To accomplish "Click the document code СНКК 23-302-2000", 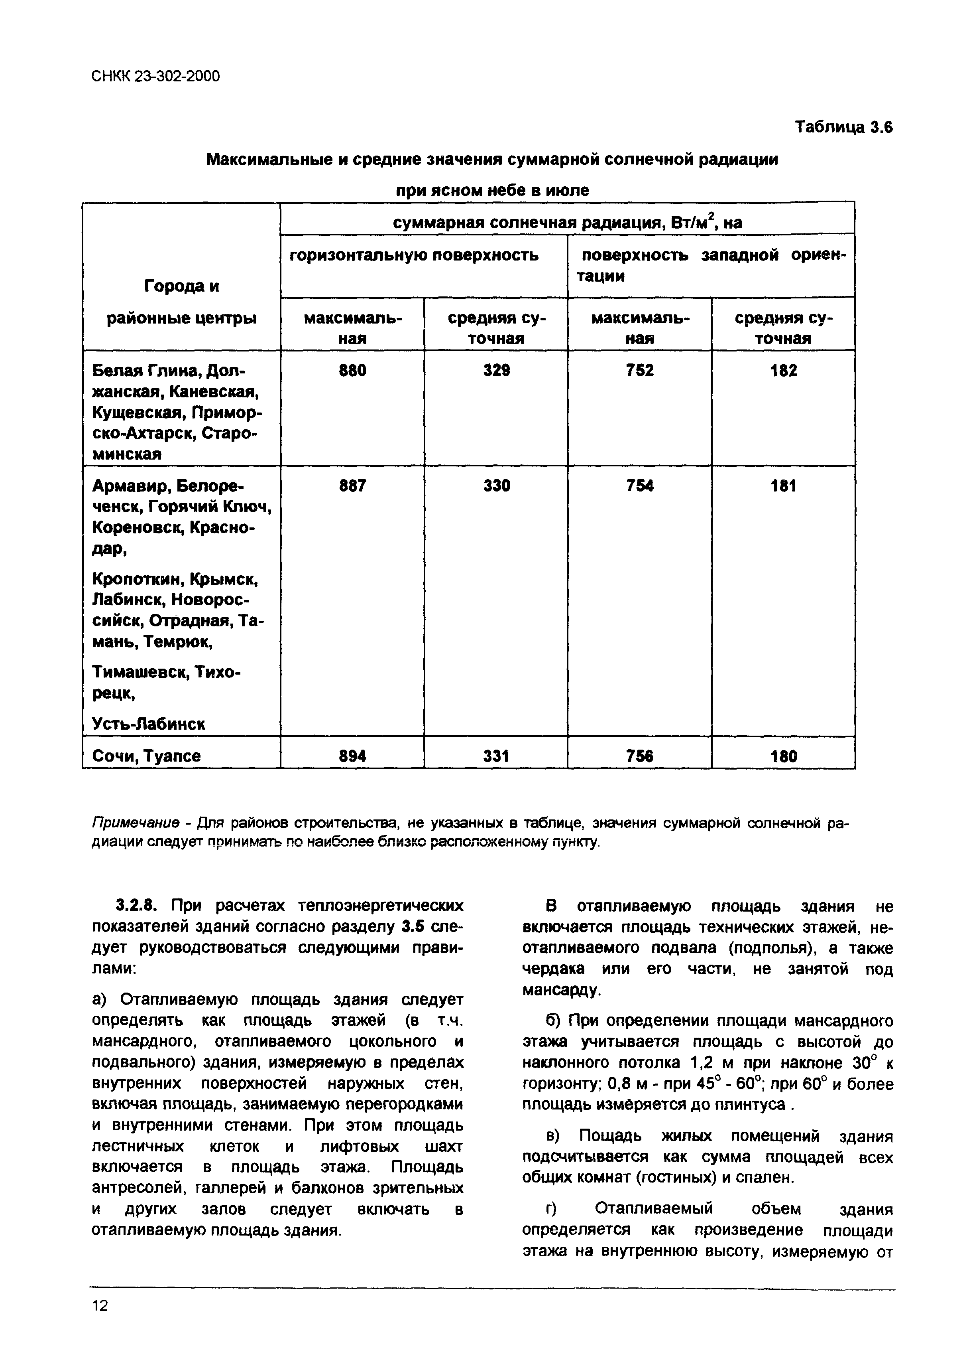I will coord(156,76).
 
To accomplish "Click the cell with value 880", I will coord(353,371).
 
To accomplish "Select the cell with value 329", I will coord(497,371).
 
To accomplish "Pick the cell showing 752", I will coord(640,371).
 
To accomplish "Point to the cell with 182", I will coord(784,371).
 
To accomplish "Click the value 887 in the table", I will coord(353,486).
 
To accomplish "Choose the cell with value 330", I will coord(497,486).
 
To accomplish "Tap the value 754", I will coord(640,486).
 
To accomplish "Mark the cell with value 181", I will coord(784,486).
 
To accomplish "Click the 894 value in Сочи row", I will coord(353,756).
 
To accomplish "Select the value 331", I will coord(497,756).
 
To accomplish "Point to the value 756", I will coord(640,756).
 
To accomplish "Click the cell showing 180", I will coord(784,756).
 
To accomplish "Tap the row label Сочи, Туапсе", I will coord(146,756).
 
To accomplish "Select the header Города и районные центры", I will coord(181,302).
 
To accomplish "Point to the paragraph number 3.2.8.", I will coord(137,906).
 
